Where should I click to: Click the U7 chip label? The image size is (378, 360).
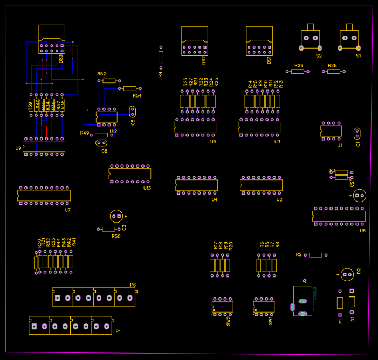tap(67, 210)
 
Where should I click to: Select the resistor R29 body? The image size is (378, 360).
tap(298, 71)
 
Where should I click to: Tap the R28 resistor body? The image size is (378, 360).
tap(333, 71)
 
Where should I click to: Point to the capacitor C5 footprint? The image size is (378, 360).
tap(133, 112)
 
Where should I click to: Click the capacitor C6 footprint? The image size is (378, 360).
tap(101, 143)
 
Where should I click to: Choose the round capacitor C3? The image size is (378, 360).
tap(116, 216)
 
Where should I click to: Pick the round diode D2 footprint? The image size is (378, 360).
tap(347, 274)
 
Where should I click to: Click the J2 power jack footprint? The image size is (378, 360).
tap(302, 301)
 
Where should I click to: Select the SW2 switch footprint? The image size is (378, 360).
tap(222, 306)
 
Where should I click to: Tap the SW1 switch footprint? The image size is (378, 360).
tap(264, 306)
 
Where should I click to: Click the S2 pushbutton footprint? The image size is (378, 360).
tap(310, 39)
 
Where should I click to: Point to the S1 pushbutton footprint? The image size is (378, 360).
tap(349, 39)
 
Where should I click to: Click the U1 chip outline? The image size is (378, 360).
tap(331, 130)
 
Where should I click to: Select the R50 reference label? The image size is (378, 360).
tap(116, 236)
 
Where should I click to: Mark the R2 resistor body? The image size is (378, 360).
tap(315, 254)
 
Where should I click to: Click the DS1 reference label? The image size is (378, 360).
tap(269, 60)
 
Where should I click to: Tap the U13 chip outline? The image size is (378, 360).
tap(129, 174)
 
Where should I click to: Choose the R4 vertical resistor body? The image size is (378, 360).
tap(161, 57)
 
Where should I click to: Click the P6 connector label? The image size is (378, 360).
tap(133, 285)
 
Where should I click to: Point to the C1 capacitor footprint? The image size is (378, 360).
tap(357, 133)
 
